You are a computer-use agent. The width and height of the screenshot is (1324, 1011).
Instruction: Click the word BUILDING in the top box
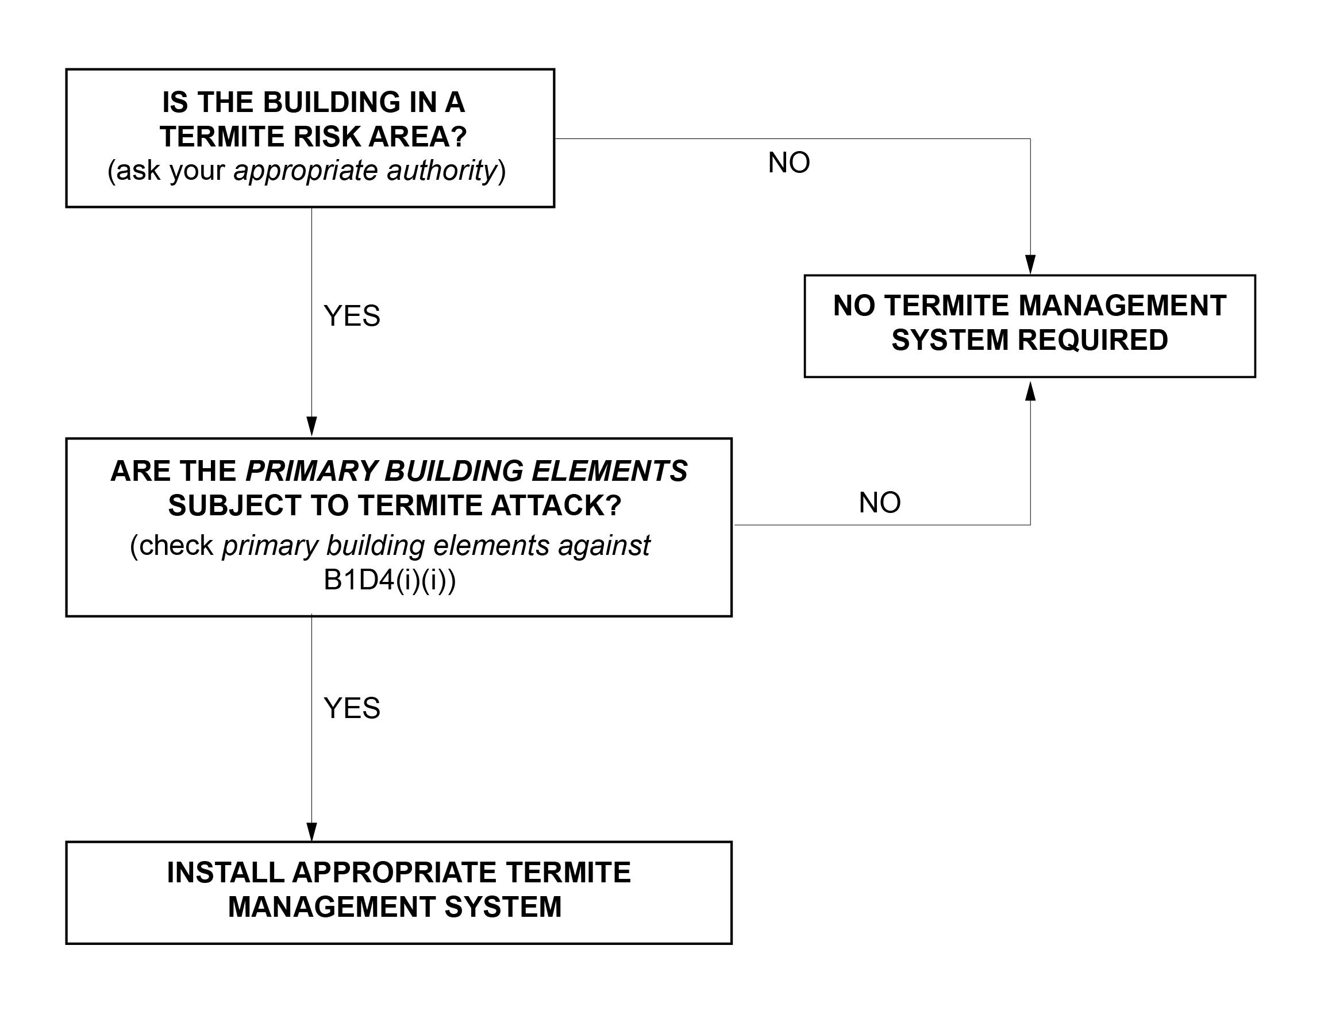pos(332,102)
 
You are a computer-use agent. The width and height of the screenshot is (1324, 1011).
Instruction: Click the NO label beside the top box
pos(789,163)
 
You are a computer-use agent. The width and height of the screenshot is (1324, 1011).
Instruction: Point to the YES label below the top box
pos(352,316)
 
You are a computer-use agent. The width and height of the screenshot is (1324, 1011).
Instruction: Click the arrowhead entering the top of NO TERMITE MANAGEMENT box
pos(1030,264)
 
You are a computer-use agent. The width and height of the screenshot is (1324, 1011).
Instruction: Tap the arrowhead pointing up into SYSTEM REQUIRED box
pos(1030,391)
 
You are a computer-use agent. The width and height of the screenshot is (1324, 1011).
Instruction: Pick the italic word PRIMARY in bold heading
pos(311,471)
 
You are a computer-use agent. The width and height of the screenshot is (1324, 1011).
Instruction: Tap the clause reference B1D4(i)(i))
pos(390,581)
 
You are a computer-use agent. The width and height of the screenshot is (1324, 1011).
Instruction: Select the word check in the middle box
pos(176,546)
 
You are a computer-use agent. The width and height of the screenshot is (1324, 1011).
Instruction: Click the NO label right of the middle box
pos(880,503)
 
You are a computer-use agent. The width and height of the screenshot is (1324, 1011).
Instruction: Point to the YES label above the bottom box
pos(352,708)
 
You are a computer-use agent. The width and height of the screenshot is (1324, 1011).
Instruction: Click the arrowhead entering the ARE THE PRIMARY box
pos(311,426)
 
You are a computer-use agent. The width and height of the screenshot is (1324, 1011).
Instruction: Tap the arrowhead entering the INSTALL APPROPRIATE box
pos(311,832)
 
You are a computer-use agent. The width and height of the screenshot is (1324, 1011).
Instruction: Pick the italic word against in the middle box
pos(604,546)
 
